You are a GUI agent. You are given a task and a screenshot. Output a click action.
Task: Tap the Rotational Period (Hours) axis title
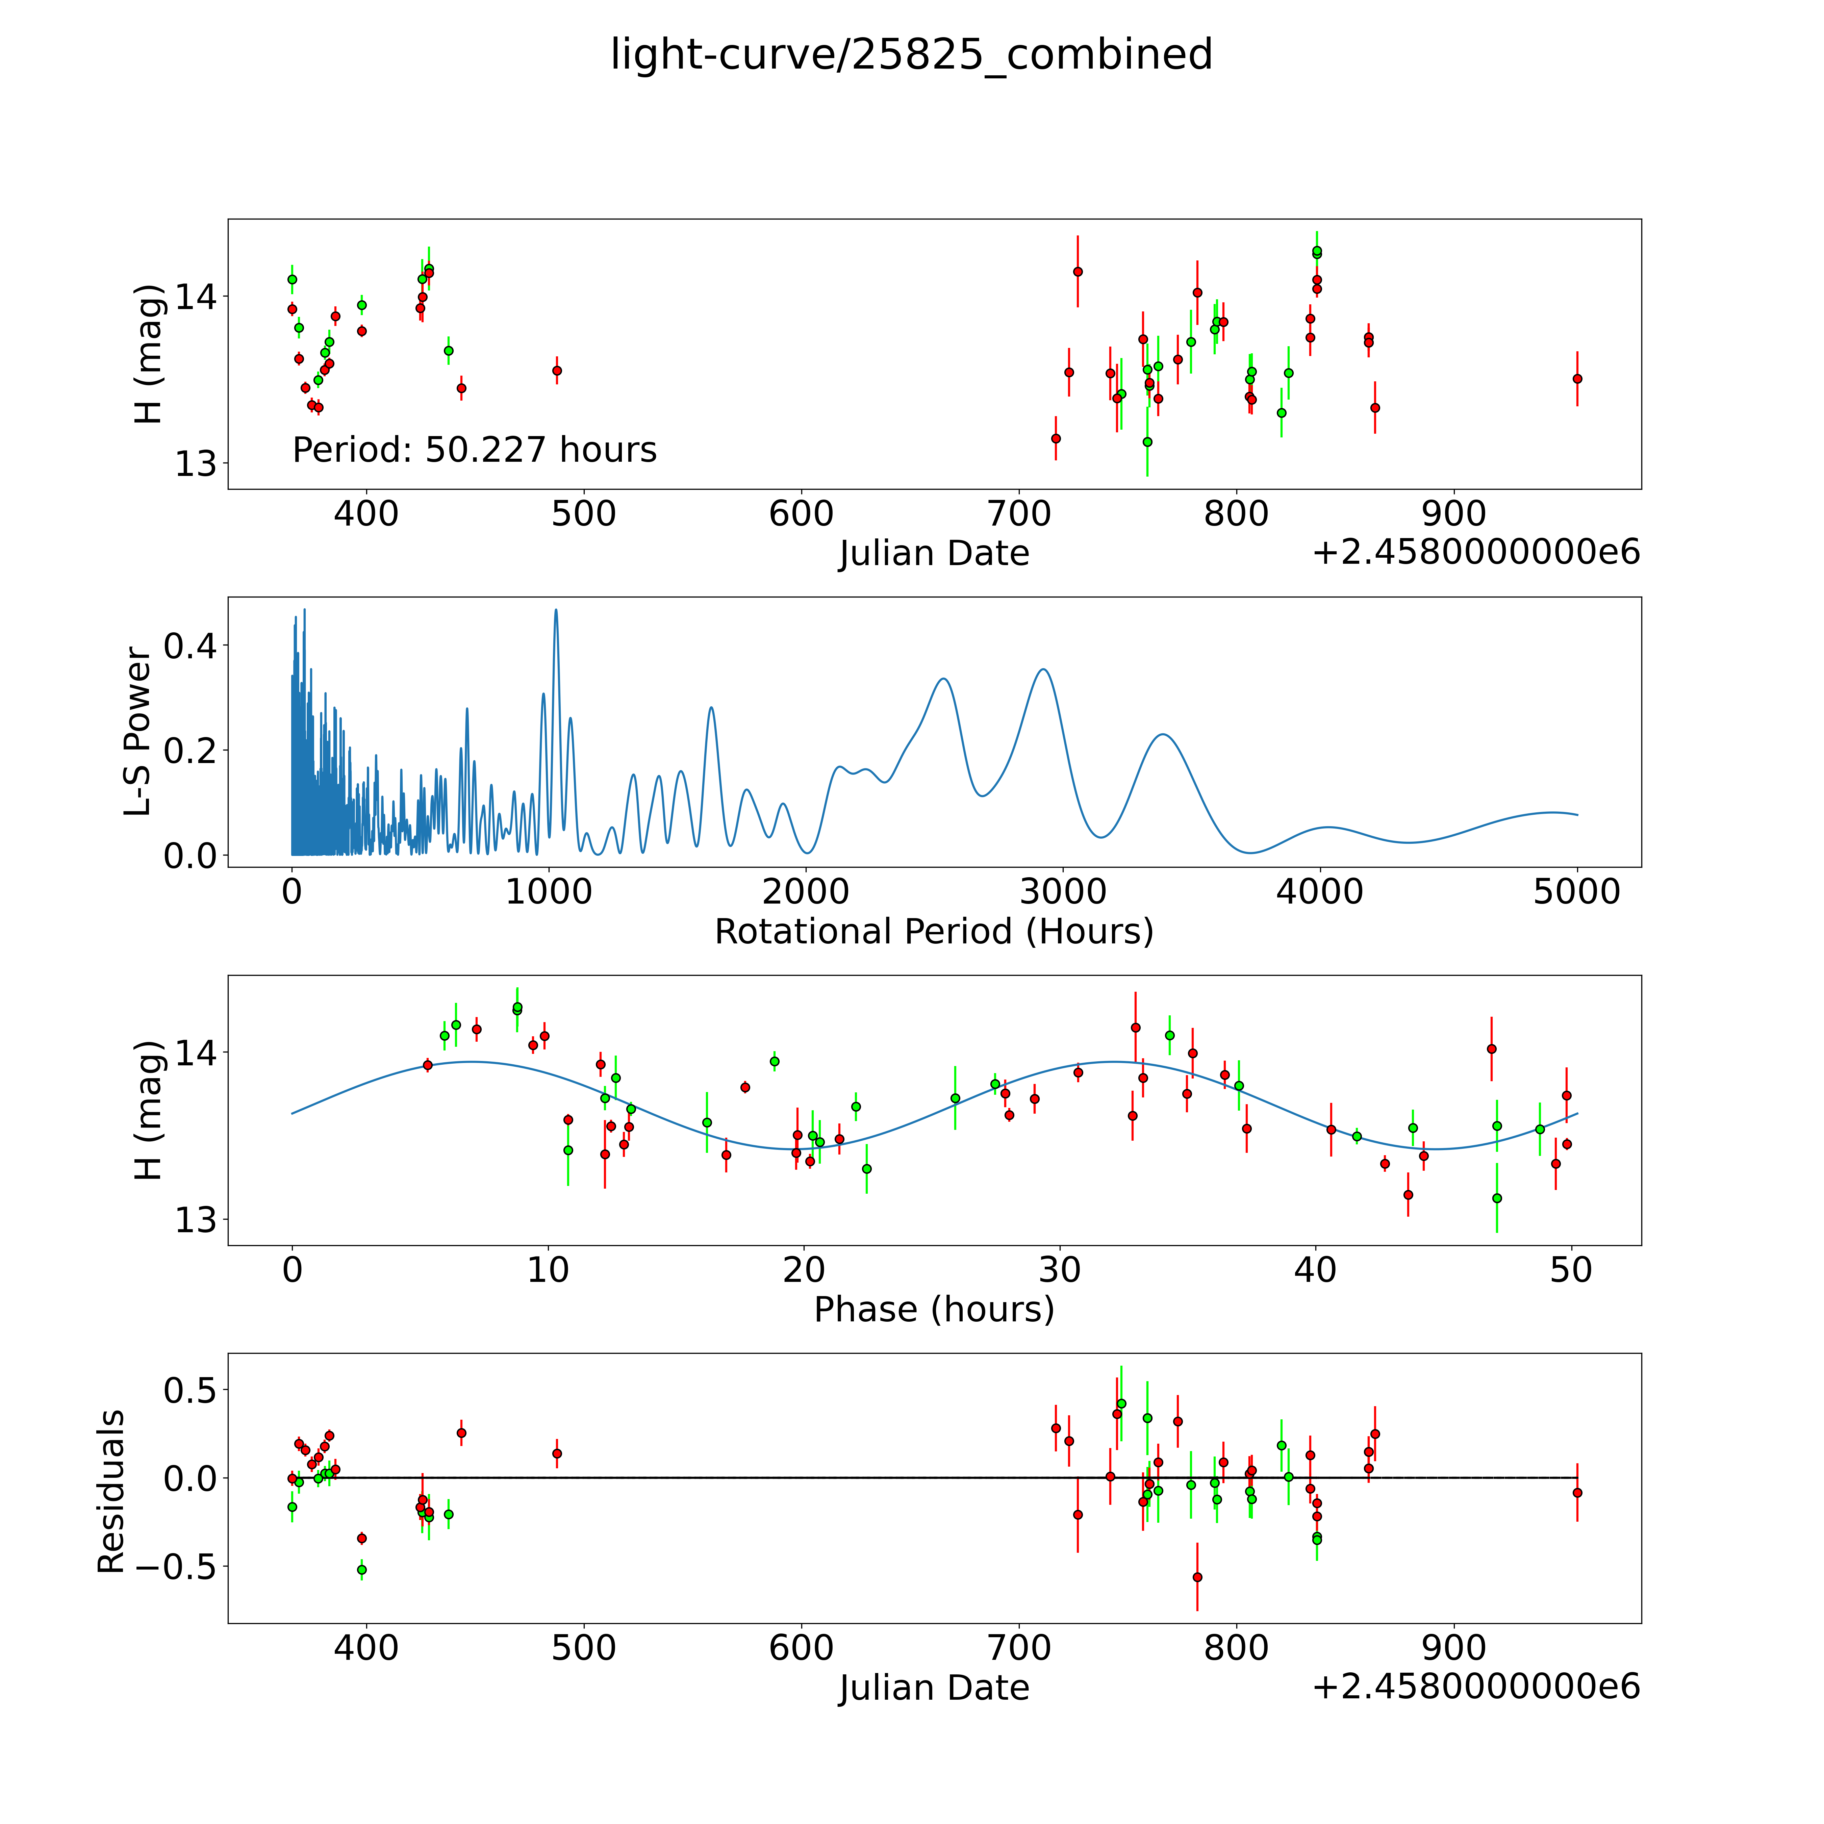click(x=934, y=932)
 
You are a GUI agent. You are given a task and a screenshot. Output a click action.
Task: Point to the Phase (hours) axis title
click(x=934, y=1310)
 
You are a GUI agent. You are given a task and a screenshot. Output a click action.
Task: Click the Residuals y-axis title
click(x=111, y=1492)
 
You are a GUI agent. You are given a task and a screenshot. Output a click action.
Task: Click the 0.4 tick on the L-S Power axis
click(x=190, y=647)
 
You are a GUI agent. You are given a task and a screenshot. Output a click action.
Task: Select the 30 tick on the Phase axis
click(x=1060, y=1270)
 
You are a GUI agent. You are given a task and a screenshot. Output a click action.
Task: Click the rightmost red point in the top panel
click(x=1577, y=379)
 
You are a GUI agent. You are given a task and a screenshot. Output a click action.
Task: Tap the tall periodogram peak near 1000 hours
click(x=556, y=610)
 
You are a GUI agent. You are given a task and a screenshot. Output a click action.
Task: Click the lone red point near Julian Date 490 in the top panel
click(x=557, y=370)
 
